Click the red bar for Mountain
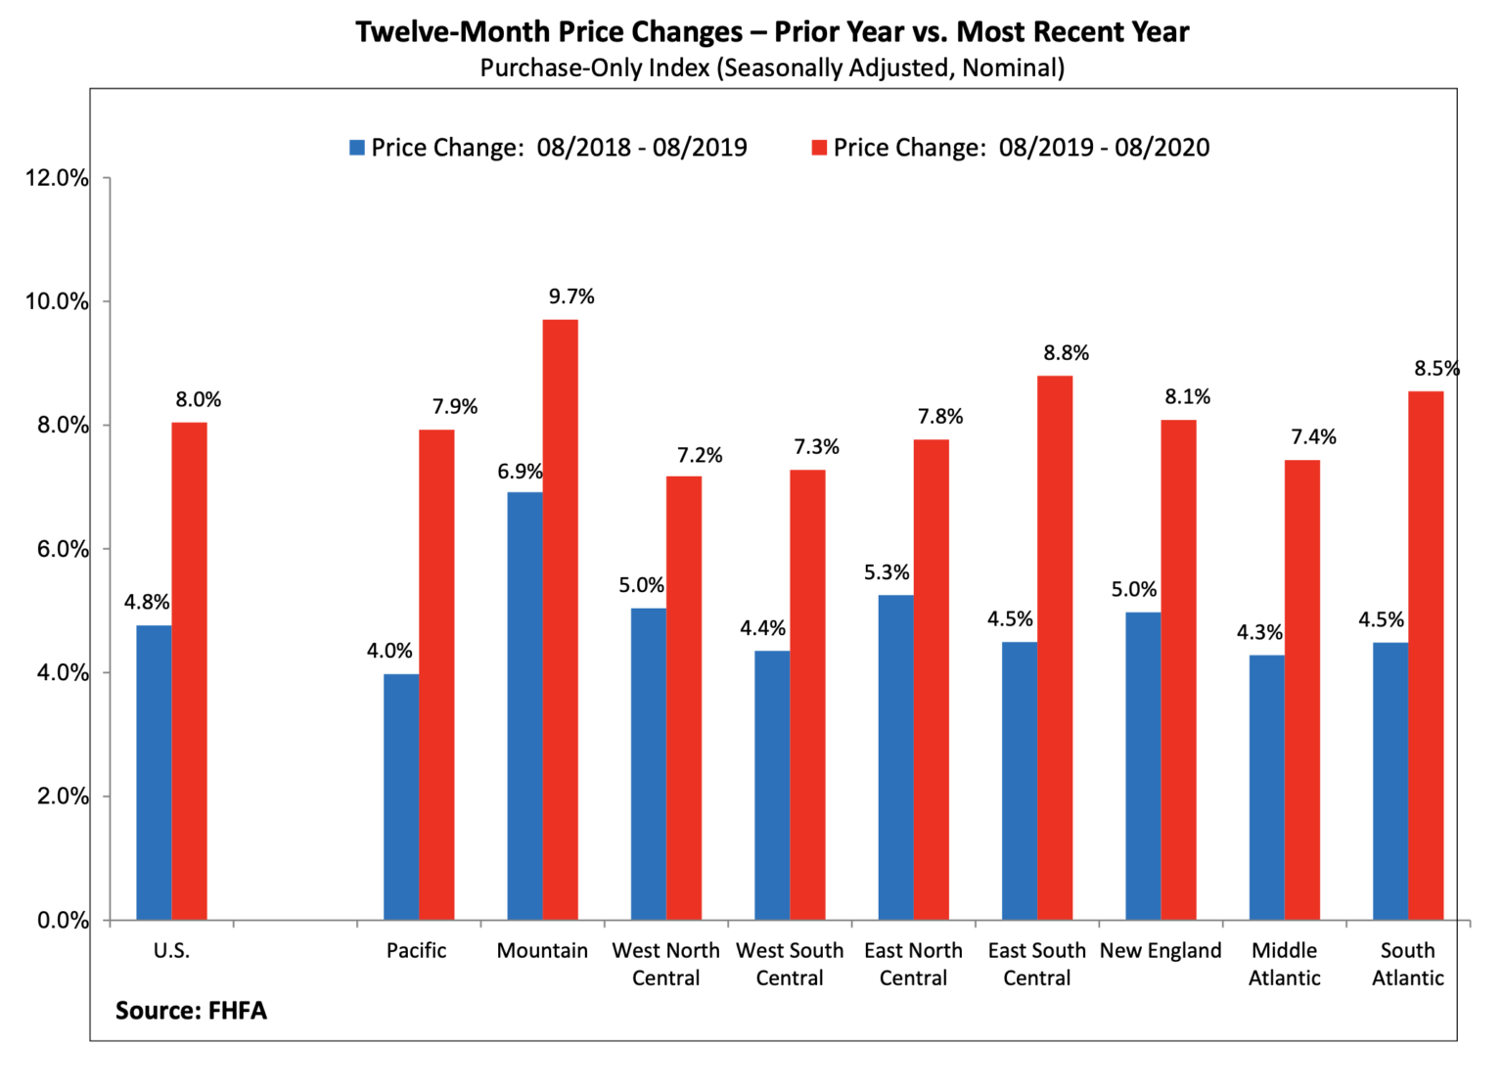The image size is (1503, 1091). tap(561, 619)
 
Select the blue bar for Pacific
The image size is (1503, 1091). tap(401, 796)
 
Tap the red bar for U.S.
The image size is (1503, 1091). tap(189, 671)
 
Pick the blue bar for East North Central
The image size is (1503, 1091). tap(895, 757)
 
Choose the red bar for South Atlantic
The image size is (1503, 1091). tap(1426, 656)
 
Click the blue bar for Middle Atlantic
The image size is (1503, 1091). tap(1266, 787)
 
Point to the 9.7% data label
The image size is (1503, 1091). tap(571, 296)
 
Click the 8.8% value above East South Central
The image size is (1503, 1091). tap(1066, 353)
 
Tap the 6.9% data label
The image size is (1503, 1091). tap(520, 472)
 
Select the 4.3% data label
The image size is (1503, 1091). tap(1259, 632)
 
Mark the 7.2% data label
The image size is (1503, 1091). tap(700, 455)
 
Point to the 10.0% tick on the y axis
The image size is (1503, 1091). tap(57, 301)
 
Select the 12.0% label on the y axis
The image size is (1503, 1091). tap(57, 178)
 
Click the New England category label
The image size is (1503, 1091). tap(1161, 950)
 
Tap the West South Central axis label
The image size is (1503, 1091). tap(790, 964)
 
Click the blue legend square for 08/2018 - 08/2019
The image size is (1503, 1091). tap(357, 148)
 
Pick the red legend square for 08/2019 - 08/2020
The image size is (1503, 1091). tap(819, 148)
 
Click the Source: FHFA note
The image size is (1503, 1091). tap(191, 1010)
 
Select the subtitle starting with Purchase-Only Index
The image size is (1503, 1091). tap(771, 68)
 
